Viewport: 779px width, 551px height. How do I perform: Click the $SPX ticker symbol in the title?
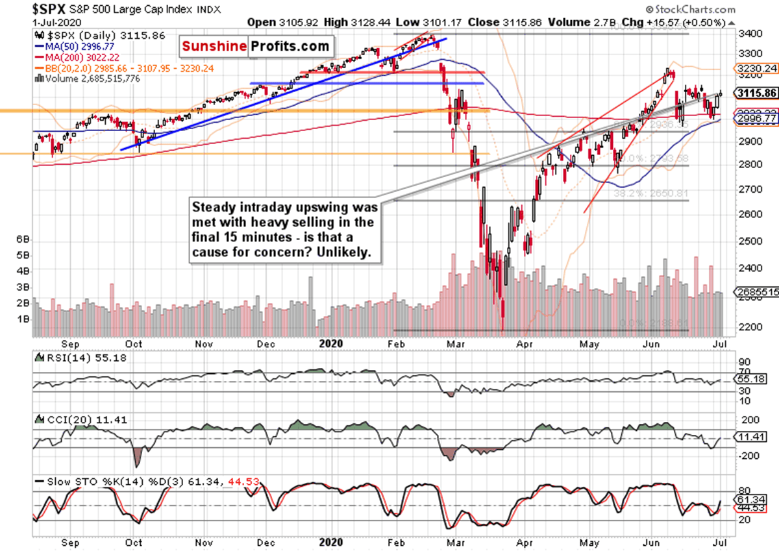48,9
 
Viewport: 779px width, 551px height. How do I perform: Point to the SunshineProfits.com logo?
255,47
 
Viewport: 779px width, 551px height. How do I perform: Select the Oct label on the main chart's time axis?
134,343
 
